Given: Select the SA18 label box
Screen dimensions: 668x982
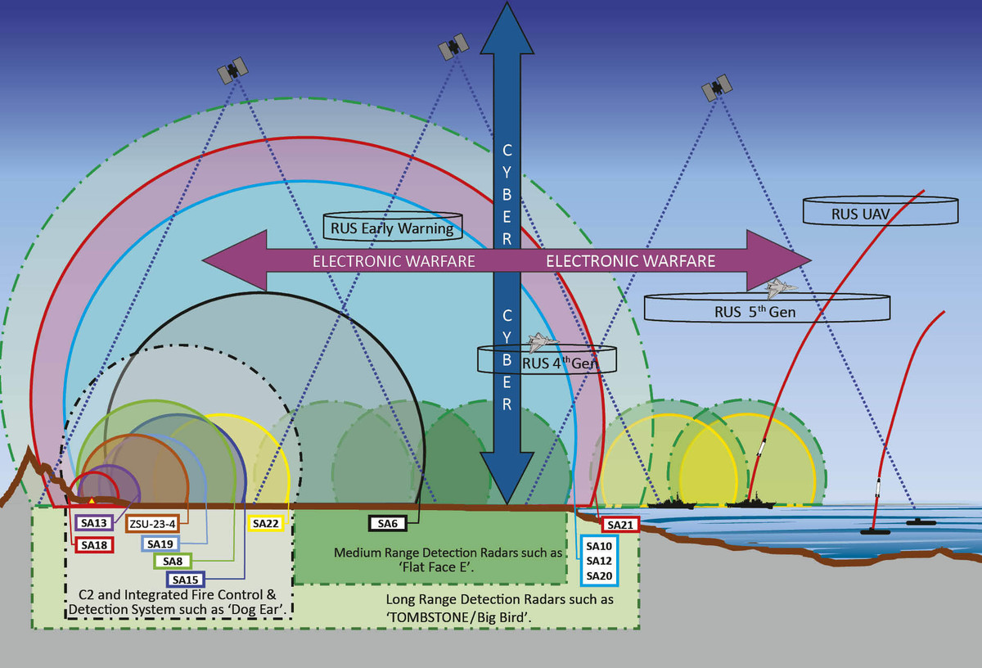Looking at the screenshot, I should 93,543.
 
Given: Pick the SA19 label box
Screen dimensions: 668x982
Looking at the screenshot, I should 160,543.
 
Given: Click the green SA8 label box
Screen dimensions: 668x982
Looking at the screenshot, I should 173,561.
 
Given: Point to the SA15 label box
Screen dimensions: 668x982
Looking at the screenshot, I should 186,580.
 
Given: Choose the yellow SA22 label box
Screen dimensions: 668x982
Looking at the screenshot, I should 266,523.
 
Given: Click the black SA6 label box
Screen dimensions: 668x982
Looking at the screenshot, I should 387,523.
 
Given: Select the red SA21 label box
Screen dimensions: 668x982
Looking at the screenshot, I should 619,525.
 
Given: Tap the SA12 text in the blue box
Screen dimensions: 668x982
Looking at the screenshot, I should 600,561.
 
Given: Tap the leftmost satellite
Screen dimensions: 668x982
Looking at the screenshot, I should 232,70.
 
